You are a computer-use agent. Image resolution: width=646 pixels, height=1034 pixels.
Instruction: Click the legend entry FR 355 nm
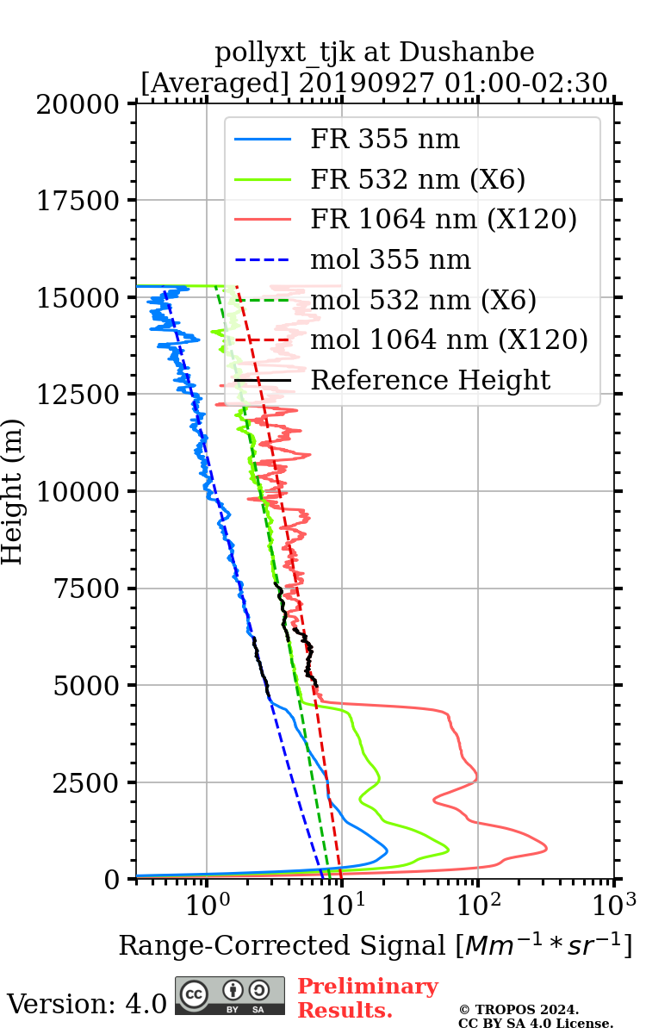click(x=385, y=139)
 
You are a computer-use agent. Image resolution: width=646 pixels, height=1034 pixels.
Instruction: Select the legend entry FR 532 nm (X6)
click(x=418, y=179)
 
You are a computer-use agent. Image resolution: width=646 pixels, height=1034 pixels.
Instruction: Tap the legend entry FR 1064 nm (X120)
click(x=443, y=219)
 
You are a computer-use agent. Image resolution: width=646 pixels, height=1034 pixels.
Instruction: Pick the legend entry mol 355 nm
click(x=390, y=259)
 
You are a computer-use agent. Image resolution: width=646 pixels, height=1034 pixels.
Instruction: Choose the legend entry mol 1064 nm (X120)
click(x=449, y=339)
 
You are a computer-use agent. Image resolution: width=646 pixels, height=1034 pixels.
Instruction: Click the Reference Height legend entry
click(x=430, y=380)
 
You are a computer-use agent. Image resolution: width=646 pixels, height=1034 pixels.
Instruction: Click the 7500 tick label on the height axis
click(x=90, y=589)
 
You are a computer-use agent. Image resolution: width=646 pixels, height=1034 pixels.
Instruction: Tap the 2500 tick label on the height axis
click(x=90, y=782)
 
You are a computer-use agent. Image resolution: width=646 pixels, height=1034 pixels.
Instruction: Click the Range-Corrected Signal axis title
click(x=375, y=945)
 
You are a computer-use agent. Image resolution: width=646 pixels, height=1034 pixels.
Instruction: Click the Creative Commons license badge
click(x=229, y=995)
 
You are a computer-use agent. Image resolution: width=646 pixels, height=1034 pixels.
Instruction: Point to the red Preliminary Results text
click(x=367, y=998)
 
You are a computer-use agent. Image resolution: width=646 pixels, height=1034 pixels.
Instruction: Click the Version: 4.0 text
click(x=86, y=1004)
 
